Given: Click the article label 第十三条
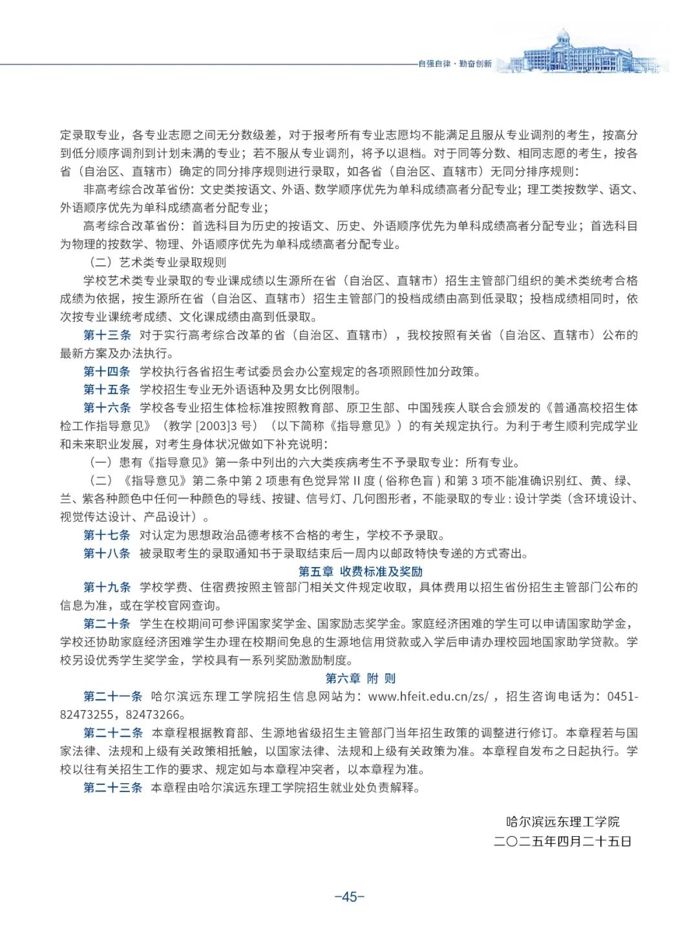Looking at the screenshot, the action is click(107, 335).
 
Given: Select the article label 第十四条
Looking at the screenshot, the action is click(107, 371).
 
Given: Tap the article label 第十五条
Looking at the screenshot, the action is click(107, 389).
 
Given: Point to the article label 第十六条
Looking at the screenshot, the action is click(107, 407).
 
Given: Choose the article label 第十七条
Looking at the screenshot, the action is click(107, 535).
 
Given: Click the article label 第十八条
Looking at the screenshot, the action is click(107, 553).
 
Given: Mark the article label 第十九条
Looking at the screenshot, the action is click(107, 587).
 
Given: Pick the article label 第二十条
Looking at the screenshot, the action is click(107, 623).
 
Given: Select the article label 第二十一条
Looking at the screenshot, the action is click(112, 696).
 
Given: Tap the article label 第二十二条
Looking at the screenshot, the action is click(112, 733).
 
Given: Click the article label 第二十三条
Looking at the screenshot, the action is click(112, 788).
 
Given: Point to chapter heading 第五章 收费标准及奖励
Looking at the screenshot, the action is click(360, 572).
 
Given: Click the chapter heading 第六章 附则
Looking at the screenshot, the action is click(360, 678).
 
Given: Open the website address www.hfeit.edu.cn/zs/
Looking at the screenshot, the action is click(428, 696).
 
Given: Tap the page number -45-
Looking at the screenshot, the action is click(350, 896).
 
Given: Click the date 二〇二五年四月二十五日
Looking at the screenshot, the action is click(562, 841).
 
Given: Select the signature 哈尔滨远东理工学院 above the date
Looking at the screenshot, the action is click(562, 822).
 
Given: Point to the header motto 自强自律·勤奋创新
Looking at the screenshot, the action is click(454, 64).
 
